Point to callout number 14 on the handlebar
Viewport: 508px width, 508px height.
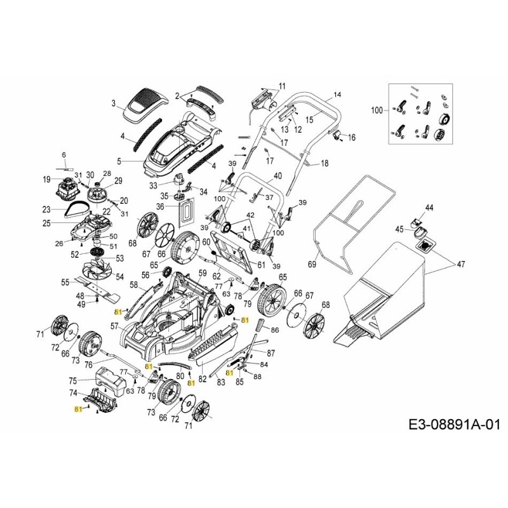pos(337,95)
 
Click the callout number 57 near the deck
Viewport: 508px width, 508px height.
pos(114,326)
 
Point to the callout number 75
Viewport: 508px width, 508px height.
pos(72,380)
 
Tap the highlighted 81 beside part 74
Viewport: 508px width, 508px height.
pos(78,410)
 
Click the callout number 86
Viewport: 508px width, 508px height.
pos(274,331)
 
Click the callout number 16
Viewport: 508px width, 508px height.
pos(352,137)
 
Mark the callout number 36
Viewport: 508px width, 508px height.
pos(161,207)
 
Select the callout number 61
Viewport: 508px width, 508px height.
pos(261,264)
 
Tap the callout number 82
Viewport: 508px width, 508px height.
pos(203,379)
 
